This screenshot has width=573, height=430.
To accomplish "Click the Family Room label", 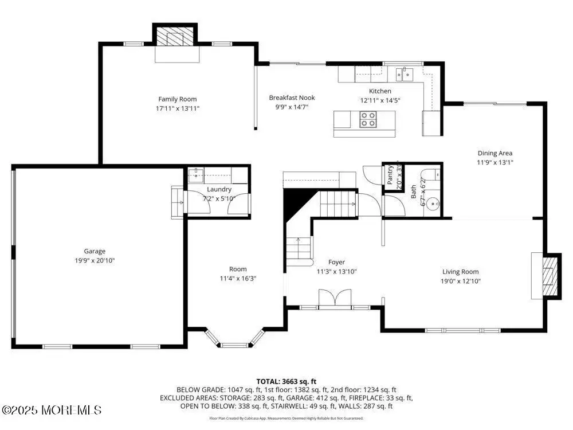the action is coord(177,99).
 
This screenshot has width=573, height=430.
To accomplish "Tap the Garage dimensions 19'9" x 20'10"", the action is coord(95,261).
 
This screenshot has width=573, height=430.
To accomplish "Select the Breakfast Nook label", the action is coord(292,97).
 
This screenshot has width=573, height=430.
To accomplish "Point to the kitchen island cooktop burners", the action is coord(368,120).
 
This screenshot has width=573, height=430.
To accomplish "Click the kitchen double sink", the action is coord(404,75).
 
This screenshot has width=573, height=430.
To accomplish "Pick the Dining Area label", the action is coord(495,153).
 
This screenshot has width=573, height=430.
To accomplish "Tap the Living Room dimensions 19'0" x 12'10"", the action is coord(461,281).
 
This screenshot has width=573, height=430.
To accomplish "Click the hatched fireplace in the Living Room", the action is coord(550,276).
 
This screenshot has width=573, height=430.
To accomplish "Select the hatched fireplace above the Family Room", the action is coord(175,36).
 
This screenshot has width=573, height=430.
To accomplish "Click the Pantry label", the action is coord(390,175).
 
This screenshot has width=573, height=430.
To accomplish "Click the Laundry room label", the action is coord(219,189).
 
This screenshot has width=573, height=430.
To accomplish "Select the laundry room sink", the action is coord(196,175).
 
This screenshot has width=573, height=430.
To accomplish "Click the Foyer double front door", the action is coord(335,297).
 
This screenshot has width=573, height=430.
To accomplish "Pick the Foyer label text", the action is coord(336,262).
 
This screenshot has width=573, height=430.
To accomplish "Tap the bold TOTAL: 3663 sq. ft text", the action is coord(286,382).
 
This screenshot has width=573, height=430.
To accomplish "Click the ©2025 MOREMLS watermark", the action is coord(51,410).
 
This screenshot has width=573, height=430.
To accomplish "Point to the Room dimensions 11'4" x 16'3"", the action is coord(238,279).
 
